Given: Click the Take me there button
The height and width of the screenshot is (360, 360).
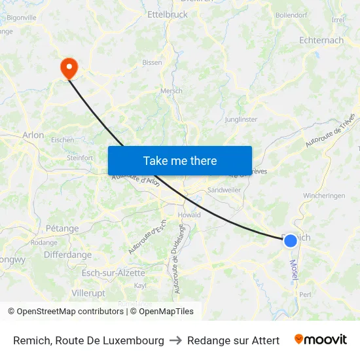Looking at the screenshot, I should [x=180, y=160].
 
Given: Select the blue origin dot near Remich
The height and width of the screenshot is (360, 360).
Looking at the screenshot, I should [x=291, y=240].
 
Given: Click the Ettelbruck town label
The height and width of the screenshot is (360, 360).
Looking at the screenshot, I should [x=168, y=14].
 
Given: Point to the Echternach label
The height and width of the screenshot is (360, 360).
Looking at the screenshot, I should [x=321, y=40].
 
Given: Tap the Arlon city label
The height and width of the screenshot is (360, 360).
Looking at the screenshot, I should [x=33, y=135].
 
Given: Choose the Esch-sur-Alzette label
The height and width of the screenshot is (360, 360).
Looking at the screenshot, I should [x=113, y=272].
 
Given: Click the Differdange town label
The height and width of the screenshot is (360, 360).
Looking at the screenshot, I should [x=68, y=255].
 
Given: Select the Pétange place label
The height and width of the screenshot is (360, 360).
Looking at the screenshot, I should [x=62, y=228].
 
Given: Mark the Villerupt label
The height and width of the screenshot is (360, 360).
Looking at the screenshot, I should [x=88, y=293].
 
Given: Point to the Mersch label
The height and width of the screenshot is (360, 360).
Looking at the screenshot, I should [x=171, y=91].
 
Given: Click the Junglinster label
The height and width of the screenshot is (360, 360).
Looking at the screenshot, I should [x=241, y=119].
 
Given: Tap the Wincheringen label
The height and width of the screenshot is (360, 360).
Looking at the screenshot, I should [x=323, y=196].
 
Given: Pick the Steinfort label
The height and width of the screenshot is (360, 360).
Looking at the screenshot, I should [x=81, y=158].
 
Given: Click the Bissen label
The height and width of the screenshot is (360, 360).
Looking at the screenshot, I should [x=152, y=63].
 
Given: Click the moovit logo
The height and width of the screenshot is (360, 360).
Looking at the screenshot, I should [x=320, y=340].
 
